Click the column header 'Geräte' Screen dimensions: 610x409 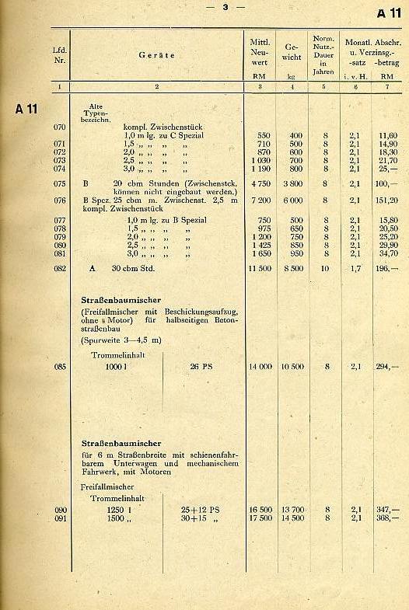(156, 55)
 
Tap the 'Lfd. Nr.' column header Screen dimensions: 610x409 (59, 54)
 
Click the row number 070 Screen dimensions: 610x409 (59, 126)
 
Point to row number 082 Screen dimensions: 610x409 (59, 268)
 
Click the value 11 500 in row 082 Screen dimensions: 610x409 (259, 268)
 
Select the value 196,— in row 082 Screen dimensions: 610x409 (386, 268)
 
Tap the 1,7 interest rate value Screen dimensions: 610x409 (355, 268)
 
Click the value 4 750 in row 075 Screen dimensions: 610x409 (260, 184)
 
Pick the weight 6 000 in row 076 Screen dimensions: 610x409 (292, 200)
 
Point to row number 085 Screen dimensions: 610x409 (59, 366)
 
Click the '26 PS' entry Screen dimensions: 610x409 (202, 366)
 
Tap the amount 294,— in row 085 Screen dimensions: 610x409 (386, 366)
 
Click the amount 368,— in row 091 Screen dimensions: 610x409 (386, 518)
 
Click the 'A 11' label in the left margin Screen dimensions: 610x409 (26, 108)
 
